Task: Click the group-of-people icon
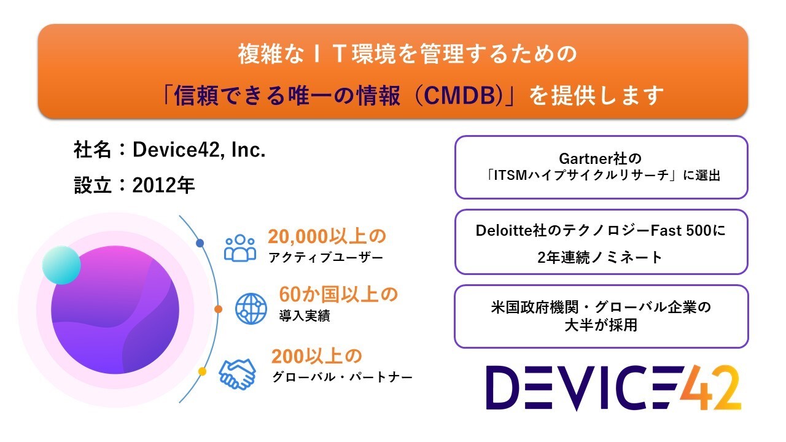click(239, 248)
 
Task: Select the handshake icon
click(237, 373)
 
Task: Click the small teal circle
click(61, 265)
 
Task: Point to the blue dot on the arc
click(200, 244)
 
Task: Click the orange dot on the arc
click(217, 309)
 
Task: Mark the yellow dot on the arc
click(202, 371)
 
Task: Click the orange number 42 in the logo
click(710, 389)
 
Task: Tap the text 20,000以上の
click(327, 237)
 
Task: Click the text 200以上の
click(317, 356)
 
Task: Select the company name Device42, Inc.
click(199, 150)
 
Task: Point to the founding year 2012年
click(163, 185)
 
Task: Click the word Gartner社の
click(601, 160)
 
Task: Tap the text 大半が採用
click(601, 326)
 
